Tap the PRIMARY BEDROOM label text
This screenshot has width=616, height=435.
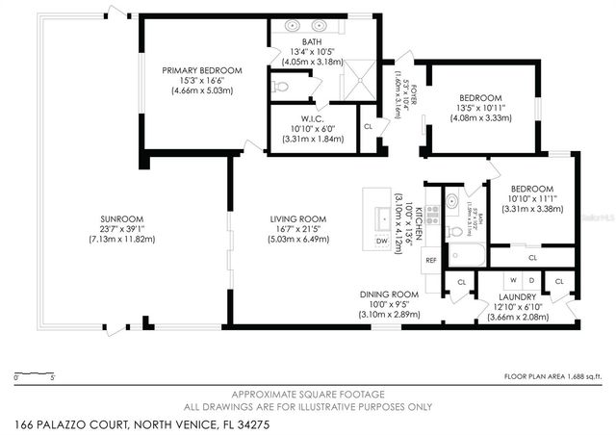click(x=201, y=70)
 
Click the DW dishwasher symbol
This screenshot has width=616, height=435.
click(x=381, y=241)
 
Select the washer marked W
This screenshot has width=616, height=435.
click(x=514, y=280)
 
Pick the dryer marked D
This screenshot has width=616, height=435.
click(x=531, y=280)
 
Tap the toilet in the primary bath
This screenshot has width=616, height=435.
click(x=280, y=88)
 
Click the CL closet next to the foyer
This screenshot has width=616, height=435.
click(x=368, y=125)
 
